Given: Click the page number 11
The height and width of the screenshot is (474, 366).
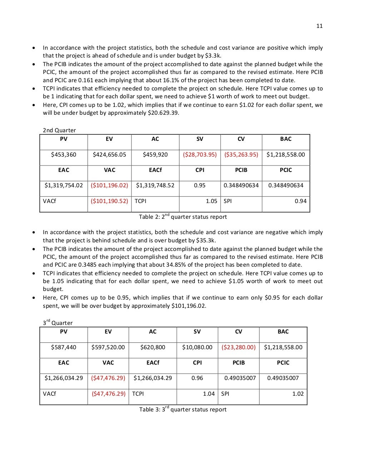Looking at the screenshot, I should pyautogui.click(x=319, y=26).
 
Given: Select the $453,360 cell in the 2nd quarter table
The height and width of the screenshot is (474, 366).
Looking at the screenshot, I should pyautogui.click(x=64, y=154).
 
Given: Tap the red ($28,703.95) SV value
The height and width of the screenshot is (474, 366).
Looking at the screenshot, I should pyautogui.click(x=200, y=154).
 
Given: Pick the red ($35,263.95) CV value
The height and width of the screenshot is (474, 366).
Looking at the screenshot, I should pyautogui.click(x=241, y=154).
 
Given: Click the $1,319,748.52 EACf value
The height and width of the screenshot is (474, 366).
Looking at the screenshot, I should pyautogui.click(x=155, y=185).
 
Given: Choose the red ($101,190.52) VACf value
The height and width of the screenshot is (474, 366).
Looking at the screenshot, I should pyautogui.click(x=109, y=201).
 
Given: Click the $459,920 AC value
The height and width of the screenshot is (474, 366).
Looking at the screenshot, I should pyautogui.click(x=155, y=154).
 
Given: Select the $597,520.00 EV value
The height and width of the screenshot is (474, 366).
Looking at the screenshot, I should pyautogui.click(x=108, y=347).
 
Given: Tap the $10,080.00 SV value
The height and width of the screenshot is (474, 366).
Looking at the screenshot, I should pyautogui.click(x=197, y=347).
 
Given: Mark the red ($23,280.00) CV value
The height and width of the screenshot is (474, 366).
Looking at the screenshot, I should pyautogui.click(x=238, y=347).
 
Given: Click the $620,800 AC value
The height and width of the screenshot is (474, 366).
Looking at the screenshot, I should pyautogui.click(x=153, y=347).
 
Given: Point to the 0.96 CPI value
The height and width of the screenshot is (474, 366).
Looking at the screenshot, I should pyautogui.click(x=197, y=378).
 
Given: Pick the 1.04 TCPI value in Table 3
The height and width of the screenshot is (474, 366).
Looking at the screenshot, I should pyautogui.click(x=209, y=394).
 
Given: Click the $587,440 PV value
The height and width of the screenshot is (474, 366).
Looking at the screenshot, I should pyautogui.click(x=64, y=347).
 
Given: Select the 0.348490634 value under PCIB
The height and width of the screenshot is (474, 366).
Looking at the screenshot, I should pyautogui.click(x=241, y=185).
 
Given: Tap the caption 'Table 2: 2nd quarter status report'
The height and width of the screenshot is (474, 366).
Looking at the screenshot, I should pyautogui.click(x=183, y=217).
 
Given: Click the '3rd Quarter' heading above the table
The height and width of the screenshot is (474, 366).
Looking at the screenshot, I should pyautogui.click(x=58, y=322).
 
